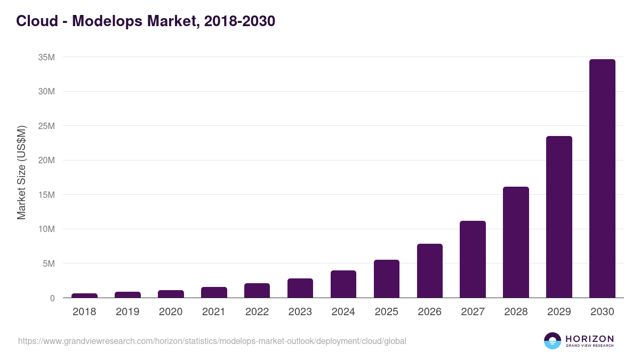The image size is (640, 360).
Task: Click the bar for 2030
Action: tap(602, 179)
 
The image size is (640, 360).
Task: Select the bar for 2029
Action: tap(559, 217)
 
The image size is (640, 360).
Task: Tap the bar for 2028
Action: tap(516, 242)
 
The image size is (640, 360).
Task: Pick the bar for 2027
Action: tap(473, 259)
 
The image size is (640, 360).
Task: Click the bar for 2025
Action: tap(386, 278)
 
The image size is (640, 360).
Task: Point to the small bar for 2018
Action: tap(84, 295)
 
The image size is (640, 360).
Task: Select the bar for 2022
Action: tap(257, 291)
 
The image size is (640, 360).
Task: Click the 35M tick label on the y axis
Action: tap(46, 57)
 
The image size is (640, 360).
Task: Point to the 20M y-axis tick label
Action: tap(46, 161)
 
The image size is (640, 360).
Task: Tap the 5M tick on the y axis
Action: tap(49, 263)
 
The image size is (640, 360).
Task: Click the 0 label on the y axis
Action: tap(52, 298)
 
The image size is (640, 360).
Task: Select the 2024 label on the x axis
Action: tap(343, 312)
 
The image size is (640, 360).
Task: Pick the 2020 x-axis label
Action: tap(171, 312)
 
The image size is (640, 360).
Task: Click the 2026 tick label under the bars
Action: tap(429, 312)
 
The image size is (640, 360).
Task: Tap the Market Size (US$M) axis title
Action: tap(21, 172)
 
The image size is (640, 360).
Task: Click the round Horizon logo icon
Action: tap(552, 341)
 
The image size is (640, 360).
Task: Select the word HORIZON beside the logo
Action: tap(589, 338)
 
